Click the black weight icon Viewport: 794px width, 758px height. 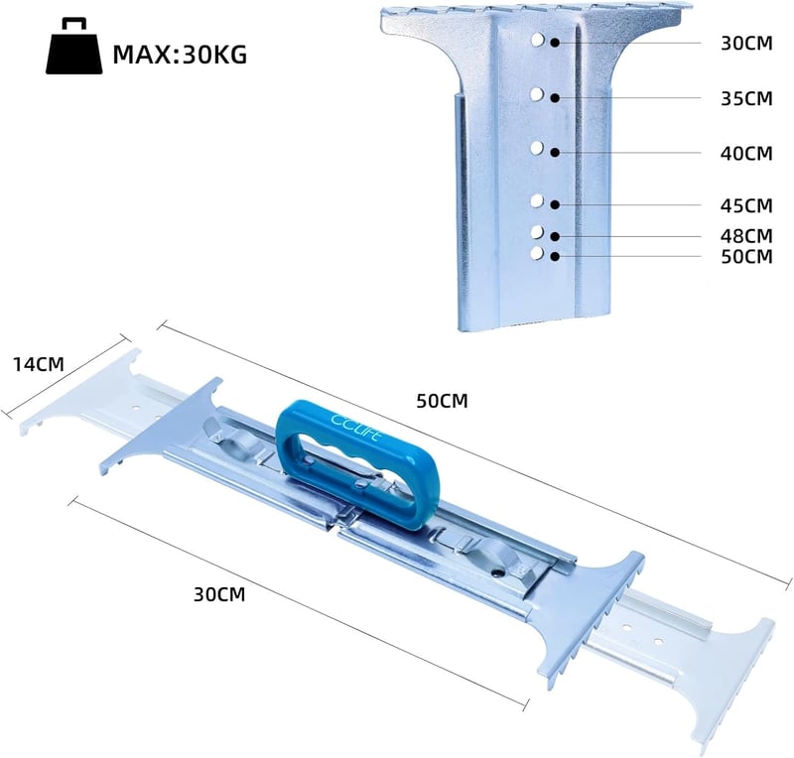pos(73,47)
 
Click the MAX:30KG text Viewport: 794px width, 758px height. pos(180,55)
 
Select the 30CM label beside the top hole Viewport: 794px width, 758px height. pos(747,44)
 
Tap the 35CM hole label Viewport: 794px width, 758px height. pos(747,99)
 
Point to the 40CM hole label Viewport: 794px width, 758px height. pos(747,154)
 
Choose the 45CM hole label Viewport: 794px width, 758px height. pos(747,206)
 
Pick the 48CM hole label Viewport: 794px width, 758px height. pos(747,236)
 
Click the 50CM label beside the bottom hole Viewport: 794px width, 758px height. pos(747,257)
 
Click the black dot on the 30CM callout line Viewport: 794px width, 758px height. pos(555,43)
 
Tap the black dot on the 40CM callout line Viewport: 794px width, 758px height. pos(555,152)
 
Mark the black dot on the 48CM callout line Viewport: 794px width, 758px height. pos(555,236)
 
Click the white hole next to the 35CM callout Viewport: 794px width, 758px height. pos(537,94)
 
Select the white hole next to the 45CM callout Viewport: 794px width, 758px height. pos(537,201)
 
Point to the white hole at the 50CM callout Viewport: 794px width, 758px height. pos(537,253)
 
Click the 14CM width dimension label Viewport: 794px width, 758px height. pos(39,364)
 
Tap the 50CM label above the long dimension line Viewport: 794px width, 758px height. pos(442,401)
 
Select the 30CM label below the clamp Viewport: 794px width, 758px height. pos(219,594)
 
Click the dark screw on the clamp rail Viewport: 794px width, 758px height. pos(499,572)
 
